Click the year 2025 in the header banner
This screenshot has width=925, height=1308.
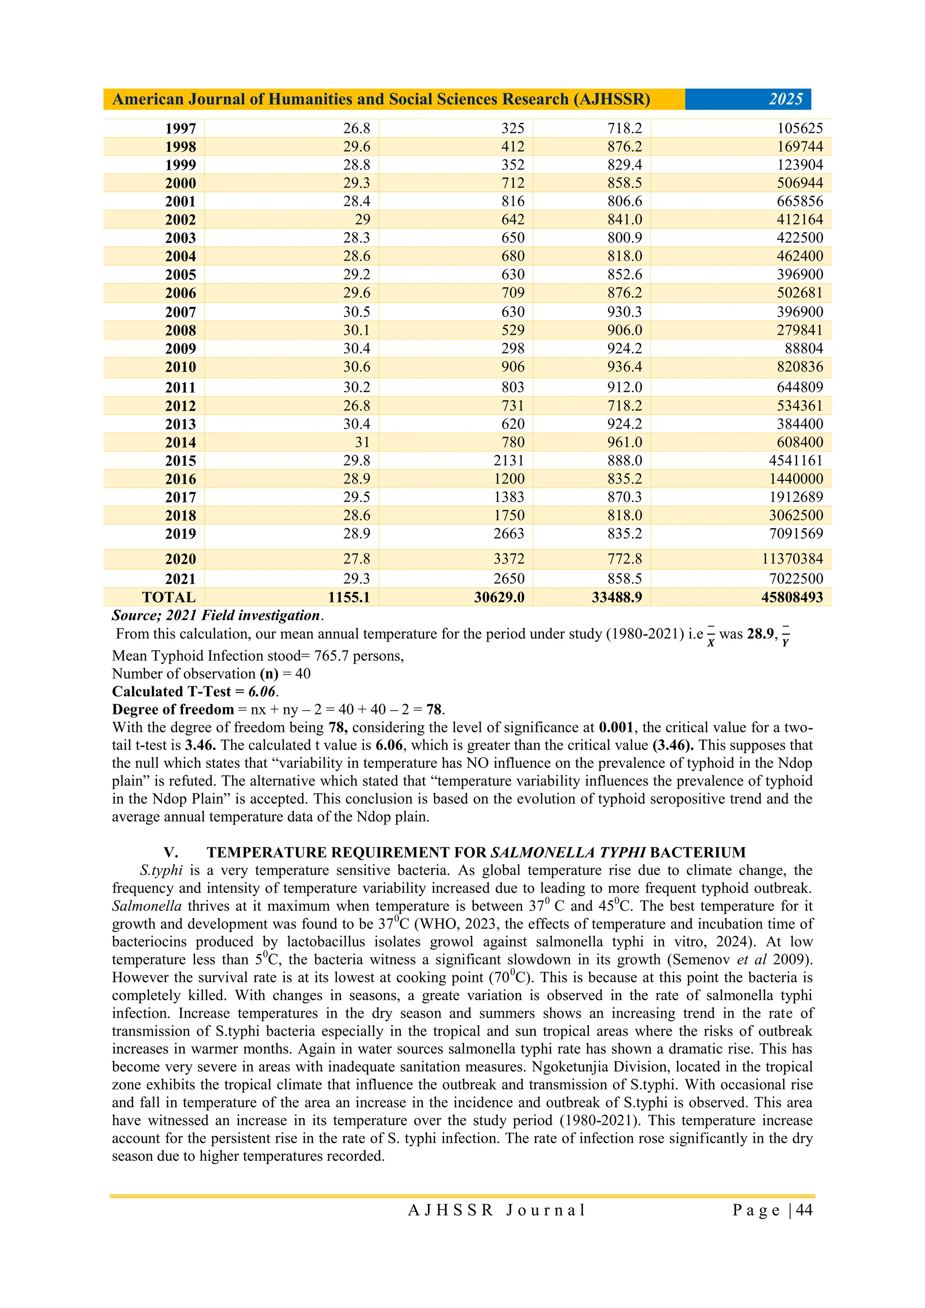point(785,99)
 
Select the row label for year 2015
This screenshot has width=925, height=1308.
point(180,461)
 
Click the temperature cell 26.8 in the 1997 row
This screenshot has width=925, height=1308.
point(356,128)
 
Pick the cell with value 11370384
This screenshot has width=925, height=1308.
point(792,559)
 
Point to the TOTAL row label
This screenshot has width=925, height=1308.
point(169,597)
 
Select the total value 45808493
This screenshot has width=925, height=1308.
point(792,597)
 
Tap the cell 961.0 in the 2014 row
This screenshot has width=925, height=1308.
point(624,442)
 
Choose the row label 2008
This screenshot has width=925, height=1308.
point(180,330)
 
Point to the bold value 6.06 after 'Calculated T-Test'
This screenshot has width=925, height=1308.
point(262,692)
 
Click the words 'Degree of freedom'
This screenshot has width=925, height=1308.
point(173,709)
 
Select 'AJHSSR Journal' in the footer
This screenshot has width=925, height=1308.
point(496,1210)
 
